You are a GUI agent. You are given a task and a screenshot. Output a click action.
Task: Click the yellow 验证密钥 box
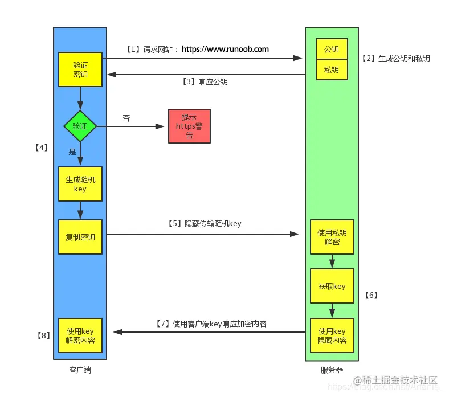coord(80,69)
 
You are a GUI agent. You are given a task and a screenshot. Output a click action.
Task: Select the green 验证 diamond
coord(80,126)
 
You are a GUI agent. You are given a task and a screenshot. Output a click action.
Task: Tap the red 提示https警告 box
coord(189,126)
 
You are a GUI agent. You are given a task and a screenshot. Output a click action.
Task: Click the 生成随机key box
coord(80,184)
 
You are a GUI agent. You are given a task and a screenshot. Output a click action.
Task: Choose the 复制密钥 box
coord(80,236)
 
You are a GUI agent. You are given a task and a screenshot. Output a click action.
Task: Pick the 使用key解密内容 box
coord(80,335)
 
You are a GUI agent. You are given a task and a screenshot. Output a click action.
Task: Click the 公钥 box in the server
coord(332,50)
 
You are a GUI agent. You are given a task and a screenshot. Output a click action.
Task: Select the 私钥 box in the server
coord(332,69)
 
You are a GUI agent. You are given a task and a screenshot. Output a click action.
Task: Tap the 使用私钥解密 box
coord(332,236)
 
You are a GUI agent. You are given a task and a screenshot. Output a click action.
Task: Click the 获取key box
coord(332,286)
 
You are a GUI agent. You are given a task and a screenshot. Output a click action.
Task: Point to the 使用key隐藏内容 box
coord(332,335)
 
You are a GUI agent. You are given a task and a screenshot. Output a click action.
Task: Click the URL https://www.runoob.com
coord(225,50)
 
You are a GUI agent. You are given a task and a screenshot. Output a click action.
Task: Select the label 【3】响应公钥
coord(205,82)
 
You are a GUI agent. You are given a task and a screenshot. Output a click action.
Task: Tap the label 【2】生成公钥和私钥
coord(395,59)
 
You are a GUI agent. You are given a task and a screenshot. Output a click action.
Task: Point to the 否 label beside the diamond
coord(126,118)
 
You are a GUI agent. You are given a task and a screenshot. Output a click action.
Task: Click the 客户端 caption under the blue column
coord(80,370)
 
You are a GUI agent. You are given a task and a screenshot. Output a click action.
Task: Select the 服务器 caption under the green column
coord(332,370)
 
